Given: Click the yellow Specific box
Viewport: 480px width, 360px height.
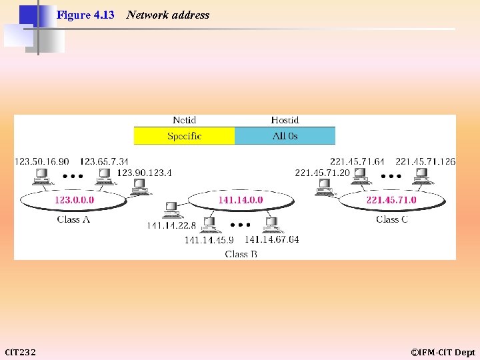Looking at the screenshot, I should click(x=184, y=136).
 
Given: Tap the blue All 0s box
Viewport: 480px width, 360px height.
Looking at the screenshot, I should click(x=285, y=136).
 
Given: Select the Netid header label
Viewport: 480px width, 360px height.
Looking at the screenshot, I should click(x=184, y=121).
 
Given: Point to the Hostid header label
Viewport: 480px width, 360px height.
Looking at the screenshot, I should click(x=285, y=121).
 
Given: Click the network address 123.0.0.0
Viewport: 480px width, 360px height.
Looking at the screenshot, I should click(x=74, y=199).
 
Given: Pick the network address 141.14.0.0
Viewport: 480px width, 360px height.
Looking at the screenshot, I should click(x=241, y=199).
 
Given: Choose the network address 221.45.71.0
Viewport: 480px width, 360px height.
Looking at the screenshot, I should click(x=391, y=199).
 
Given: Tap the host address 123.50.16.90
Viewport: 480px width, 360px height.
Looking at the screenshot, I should click(x=41, y=161).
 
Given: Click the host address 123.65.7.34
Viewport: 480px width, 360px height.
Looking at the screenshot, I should click(x=104, y=161).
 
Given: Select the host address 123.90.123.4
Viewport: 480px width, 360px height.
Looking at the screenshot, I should click(x=144, y=173).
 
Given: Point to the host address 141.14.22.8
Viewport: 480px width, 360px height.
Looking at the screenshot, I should click(x=171, y=226).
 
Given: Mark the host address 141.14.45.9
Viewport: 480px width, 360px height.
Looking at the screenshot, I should click(x=209, y=240).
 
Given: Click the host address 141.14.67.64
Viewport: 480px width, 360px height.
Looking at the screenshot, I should click(x=272, y=239).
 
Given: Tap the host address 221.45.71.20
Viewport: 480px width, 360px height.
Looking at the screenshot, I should click(x=322, y=173).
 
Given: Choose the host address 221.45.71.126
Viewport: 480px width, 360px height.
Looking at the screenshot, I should click(x=425, y=161).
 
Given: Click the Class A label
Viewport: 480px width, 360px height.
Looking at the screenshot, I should click(x=73, y=219).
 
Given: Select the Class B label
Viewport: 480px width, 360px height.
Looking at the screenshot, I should click(x=241, y=254).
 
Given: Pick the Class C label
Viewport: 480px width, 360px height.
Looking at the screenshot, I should click(x=392, y=219).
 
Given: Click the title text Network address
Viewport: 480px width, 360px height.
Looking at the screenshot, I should click(x=167, y=15).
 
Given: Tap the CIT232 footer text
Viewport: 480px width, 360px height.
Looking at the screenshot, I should click(x=21, y=352).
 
